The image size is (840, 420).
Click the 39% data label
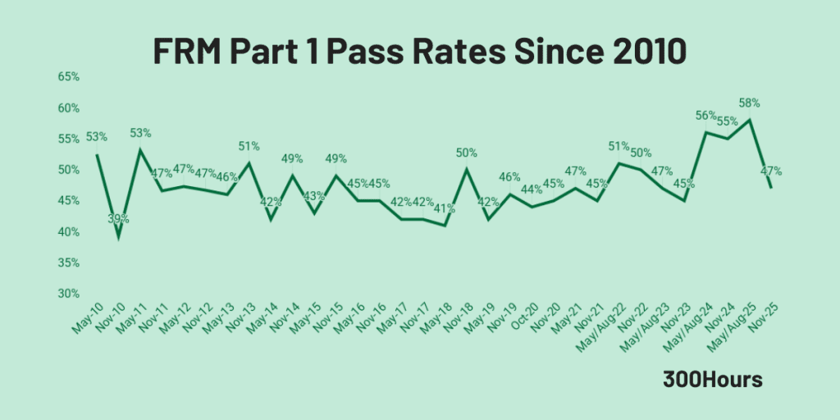pos(119,218)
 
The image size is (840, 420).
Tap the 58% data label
pos(749,103)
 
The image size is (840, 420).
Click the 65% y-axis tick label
pos(68,77)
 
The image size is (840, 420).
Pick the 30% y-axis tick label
pos(68,294)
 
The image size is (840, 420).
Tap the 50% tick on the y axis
pos(68,170)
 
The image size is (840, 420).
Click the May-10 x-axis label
pos(87,318)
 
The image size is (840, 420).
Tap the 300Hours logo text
pos(713,381)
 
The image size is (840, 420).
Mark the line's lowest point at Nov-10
pos(119,238)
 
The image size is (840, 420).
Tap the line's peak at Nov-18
pos(466,170)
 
